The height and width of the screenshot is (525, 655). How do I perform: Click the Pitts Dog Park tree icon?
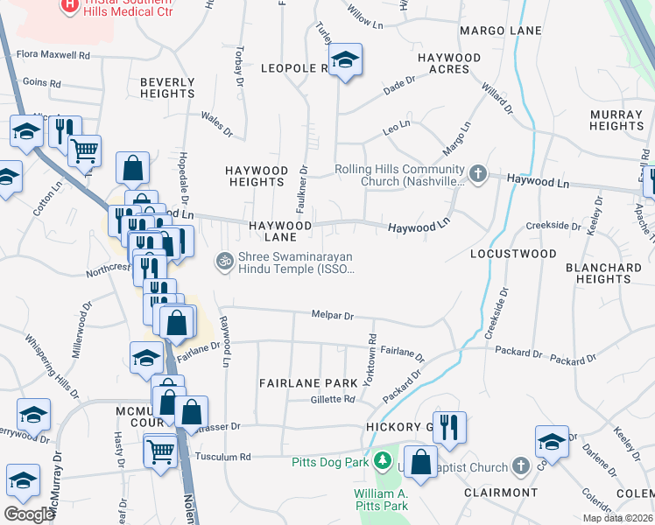coord(382,460)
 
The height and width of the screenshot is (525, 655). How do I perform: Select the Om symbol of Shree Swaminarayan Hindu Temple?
coord(223,261)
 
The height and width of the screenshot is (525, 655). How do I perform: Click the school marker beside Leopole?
coord(346,60)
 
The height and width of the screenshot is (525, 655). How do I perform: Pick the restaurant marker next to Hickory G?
coord(448,428)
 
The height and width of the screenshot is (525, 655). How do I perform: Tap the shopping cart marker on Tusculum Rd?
coord(161,452)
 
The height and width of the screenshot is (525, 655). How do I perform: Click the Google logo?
coord(29,514)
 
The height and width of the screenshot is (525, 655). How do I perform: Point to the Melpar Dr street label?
coord(333,316)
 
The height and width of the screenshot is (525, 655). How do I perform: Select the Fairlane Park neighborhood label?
coord(308,383)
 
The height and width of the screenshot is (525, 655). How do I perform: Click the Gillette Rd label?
coord(333,399)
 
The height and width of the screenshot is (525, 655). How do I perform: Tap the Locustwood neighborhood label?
coord(512,254)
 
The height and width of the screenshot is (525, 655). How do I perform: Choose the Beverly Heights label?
coord(167,87)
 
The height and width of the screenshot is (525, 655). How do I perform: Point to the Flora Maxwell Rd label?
coord(53,55)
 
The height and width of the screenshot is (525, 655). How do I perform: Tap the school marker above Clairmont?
coord(552,442)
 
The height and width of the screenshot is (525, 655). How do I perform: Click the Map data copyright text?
coord(616,517)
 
